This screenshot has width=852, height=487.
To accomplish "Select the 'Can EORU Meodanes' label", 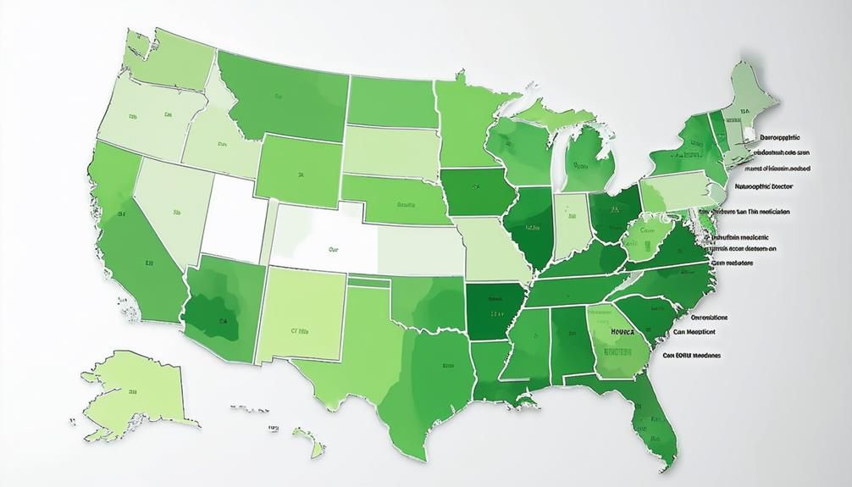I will click(692, 356).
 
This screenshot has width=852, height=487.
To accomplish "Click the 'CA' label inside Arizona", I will click(223, 321).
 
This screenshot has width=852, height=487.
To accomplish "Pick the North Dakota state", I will click(390, 101).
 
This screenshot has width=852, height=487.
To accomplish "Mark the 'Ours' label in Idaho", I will click(223, 144).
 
